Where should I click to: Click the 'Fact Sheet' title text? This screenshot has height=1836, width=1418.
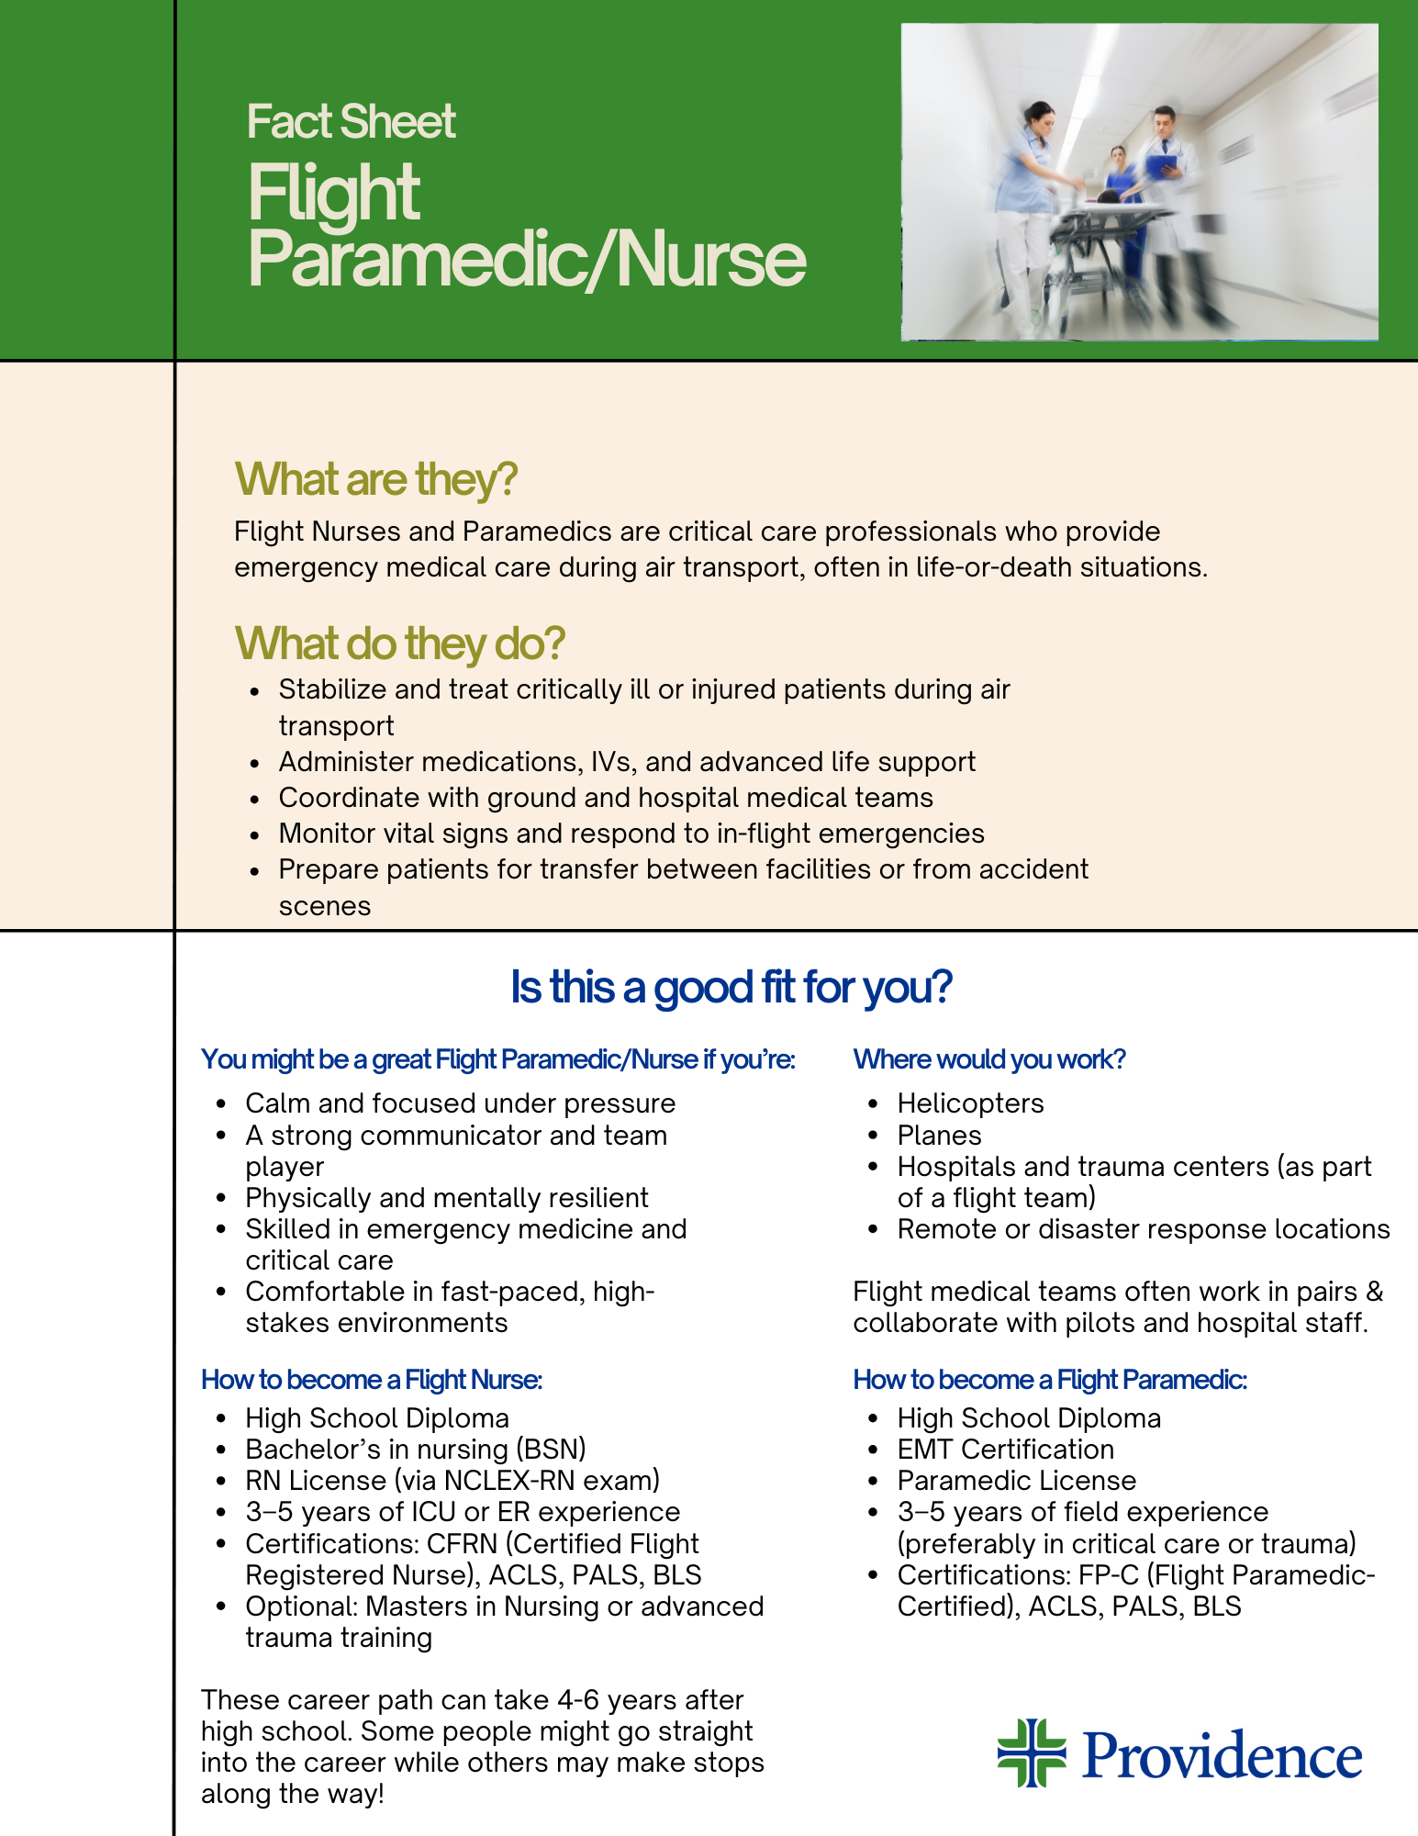351,122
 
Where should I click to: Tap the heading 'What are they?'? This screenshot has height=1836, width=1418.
376,479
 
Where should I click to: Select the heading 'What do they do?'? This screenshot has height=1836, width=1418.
399,644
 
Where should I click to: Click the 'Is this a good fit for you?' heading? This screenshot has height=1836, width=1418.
731,988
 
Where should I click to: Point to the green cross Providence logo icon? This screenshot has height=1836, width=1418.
1032,1752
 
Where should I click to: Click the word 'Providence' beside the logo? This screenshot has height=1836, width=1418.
1223,1755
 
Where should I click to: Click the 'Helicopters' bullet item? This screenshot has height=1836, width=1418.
970,1103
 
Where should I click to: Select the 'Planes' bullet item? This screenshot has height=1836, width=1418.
939,1135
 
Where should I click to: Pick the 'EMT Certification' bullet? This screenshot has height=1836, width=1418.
1005,1449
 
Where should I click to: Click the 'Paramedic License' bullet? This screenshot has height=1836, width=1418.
1016,1480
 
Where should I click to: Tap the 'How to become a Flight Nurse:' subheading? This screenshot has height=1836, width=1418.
372,1380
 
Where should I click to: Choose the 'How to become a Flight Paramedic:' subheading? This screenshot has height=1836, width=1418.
1050,1380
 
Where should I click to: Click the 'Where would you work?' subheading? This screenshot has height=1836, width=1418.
989,1059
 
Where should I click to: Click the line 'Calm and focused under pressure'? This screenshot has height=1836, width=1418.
460,1103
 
